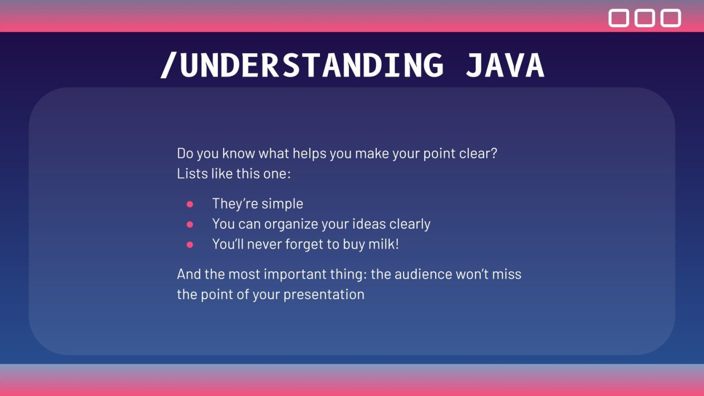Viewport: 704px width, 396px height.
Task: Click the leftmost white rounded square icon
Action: (x=618, y=18)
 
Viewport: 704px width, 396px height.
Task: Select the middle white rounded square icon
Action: (x=645, y=18)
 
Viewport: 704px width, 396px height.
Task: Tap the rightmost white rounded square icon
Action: (x=671, y=18)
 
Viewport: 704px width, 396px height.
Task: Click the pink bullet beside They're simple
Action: (x=190, y=204)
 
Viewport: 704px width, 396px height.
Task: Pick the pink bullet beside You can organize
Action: (x=190, y=225)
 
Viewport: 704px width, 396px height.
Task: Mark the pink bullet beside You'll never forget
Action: (x=190, y=245)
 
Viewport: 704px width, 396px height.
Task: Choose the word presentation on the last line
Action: (x=324, y=294)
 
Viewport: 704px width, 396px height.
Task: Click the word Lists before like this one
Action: (x=192, y=174)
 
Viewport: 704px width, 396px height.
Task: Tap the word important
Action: (x=300, y=274)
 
